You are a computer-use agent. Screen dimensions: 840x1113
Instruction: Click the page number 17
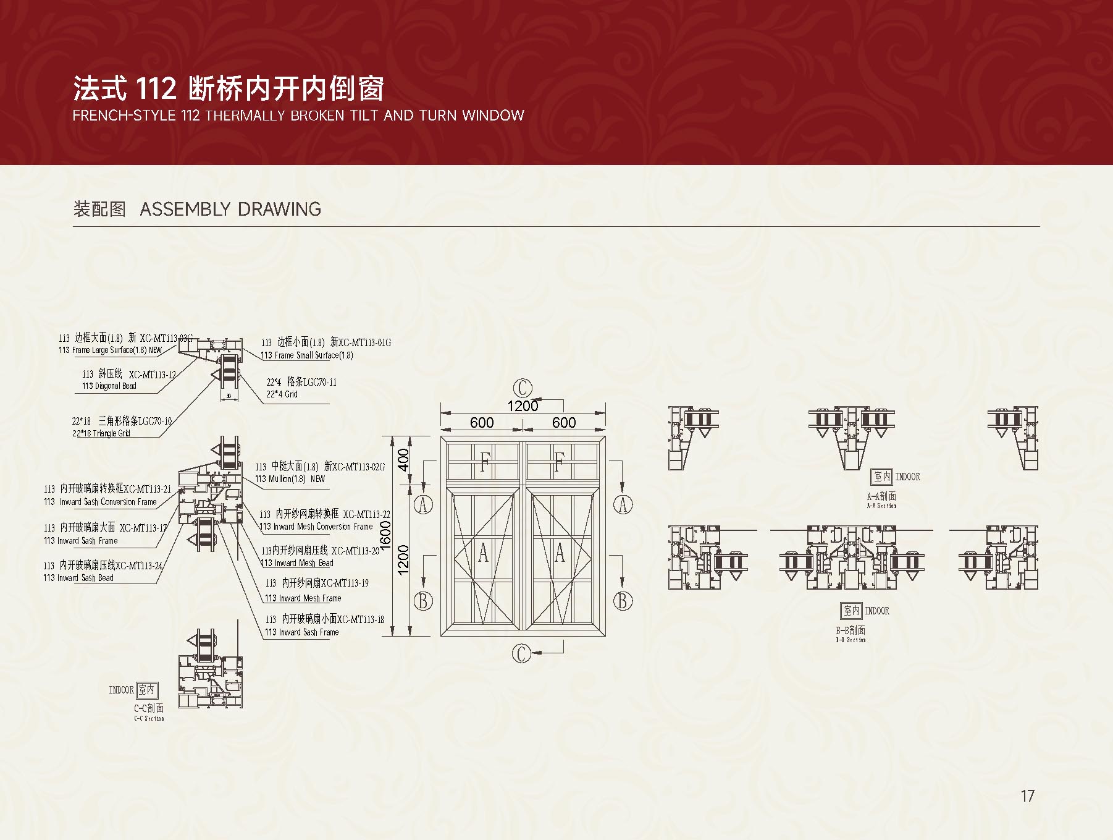[1027, 795]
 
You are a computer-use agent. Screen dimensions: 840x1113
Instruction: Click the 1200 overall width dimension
[523, 406]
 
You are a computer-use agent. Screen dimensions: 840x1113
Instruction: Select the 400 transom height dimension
[403, 460]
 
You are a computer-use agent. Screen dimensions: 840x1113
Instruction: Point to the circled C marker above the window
[523, 388]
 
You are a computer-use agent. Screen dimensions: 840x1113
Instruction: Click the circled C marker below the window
[522, 653]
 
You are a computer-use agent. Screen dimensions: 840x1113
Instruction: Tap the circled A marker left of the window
[423, 504]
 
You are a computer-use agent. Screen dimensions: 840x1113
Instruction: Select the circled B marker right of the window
[623, 600]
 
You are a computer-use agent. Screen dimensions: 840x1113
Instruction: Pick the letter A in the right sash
[560, 552]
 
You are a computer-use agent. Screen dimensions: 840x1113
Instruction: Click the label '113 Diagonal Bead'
[109, 386]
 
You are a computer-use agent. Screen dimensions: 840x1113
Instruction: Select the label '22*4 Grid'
[282, 394]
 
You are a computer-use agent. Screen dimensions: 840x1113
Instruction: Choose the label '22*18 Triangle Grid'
[101, 433]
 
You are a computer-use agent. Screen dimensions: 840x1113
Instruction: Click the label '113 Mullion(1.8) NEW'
[290, 479]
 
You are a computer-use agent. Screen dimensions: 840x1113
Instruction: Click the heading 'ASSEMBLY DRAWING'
[230, 209]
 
